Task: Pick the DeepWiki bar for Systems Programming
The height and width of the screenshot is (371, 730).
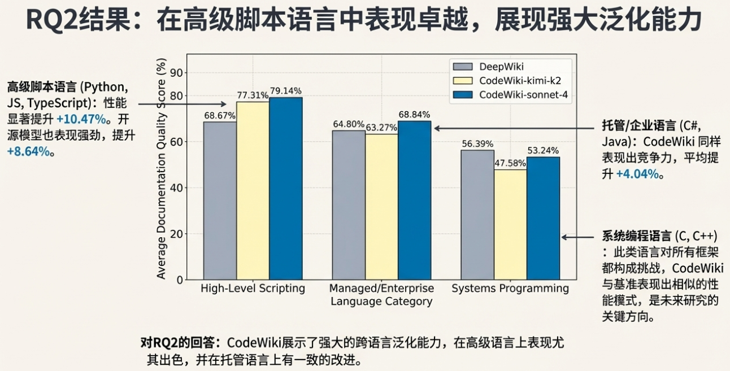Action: (x=477, y=215)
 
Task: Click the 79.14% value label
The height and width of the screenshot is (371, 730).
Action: (x=285, y=91)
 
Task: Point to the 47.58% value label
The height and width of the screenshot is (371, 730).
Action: (x=510, y=163)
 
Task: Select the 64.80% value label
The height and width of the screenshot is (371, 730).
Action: (x=349, y=124)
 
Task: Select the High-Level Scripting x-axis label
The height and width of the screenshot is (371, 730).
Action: (x=253, y=289)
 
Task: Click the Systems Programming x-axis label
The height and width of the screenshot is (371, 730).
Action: (x=510, y=289)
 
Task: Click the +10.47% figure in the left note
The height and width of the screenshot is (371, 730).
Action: (x=81, y=119)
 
